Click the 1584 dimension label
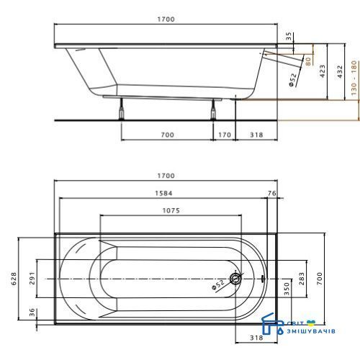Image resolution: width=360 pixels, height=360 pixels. click(163, 193)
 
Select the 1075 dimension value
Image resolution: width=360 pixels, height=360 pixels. click(171, 211)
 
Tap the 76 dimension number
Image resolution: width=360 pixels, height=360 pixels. click(272, 193)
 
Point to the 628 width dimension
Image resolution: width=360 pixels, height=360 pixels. click(14, 279)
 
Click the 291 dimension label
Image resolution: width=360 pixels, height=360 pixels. click(32, 279)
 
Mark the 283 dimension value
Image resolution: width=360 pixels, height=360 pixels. click(302, 279)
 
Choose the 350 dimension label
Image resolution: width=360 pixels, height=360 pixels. click(287, 289)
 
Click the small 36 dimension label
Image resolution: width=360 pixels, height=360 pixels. click(32, 312)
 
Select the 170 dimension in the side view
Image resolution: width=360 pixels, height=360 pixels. click(225, 135)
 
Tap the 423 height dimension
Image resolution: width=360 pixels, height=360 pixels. click(323, 71)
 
